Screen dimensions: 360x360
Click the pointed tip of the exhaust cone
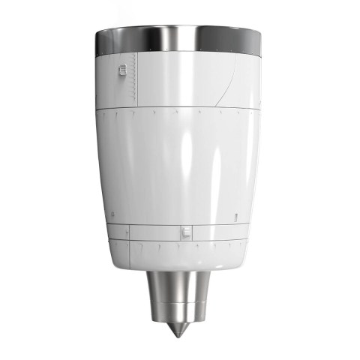(177, 334)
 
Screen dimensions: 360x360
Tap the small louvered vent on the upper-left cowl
(122, 71)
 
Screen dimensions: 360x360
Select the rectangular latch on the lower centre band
(183, 233)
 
